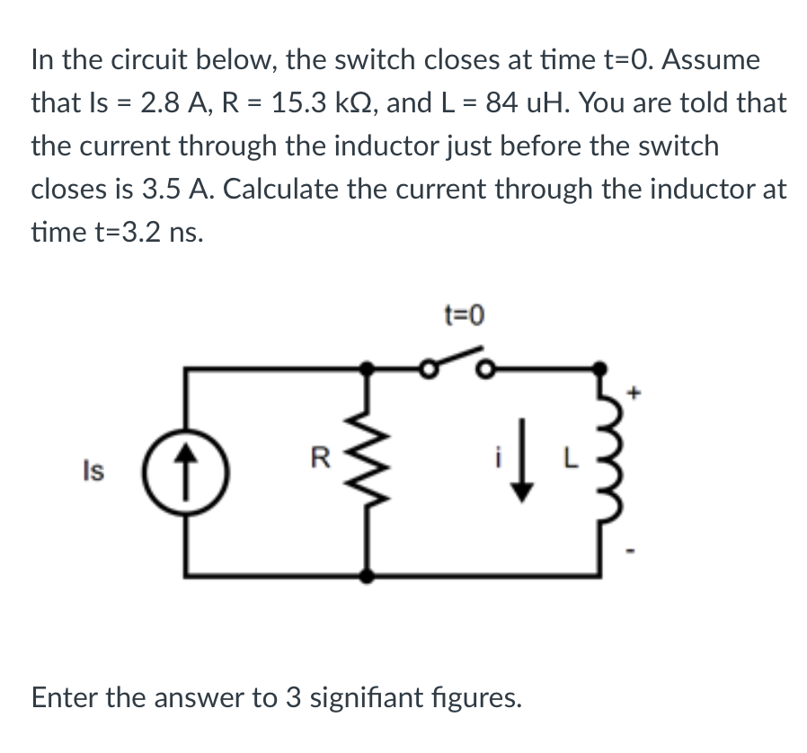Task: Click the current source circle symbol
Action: (x=187, y=470)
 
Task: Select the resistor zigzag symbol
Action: (x=368, y=470)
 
